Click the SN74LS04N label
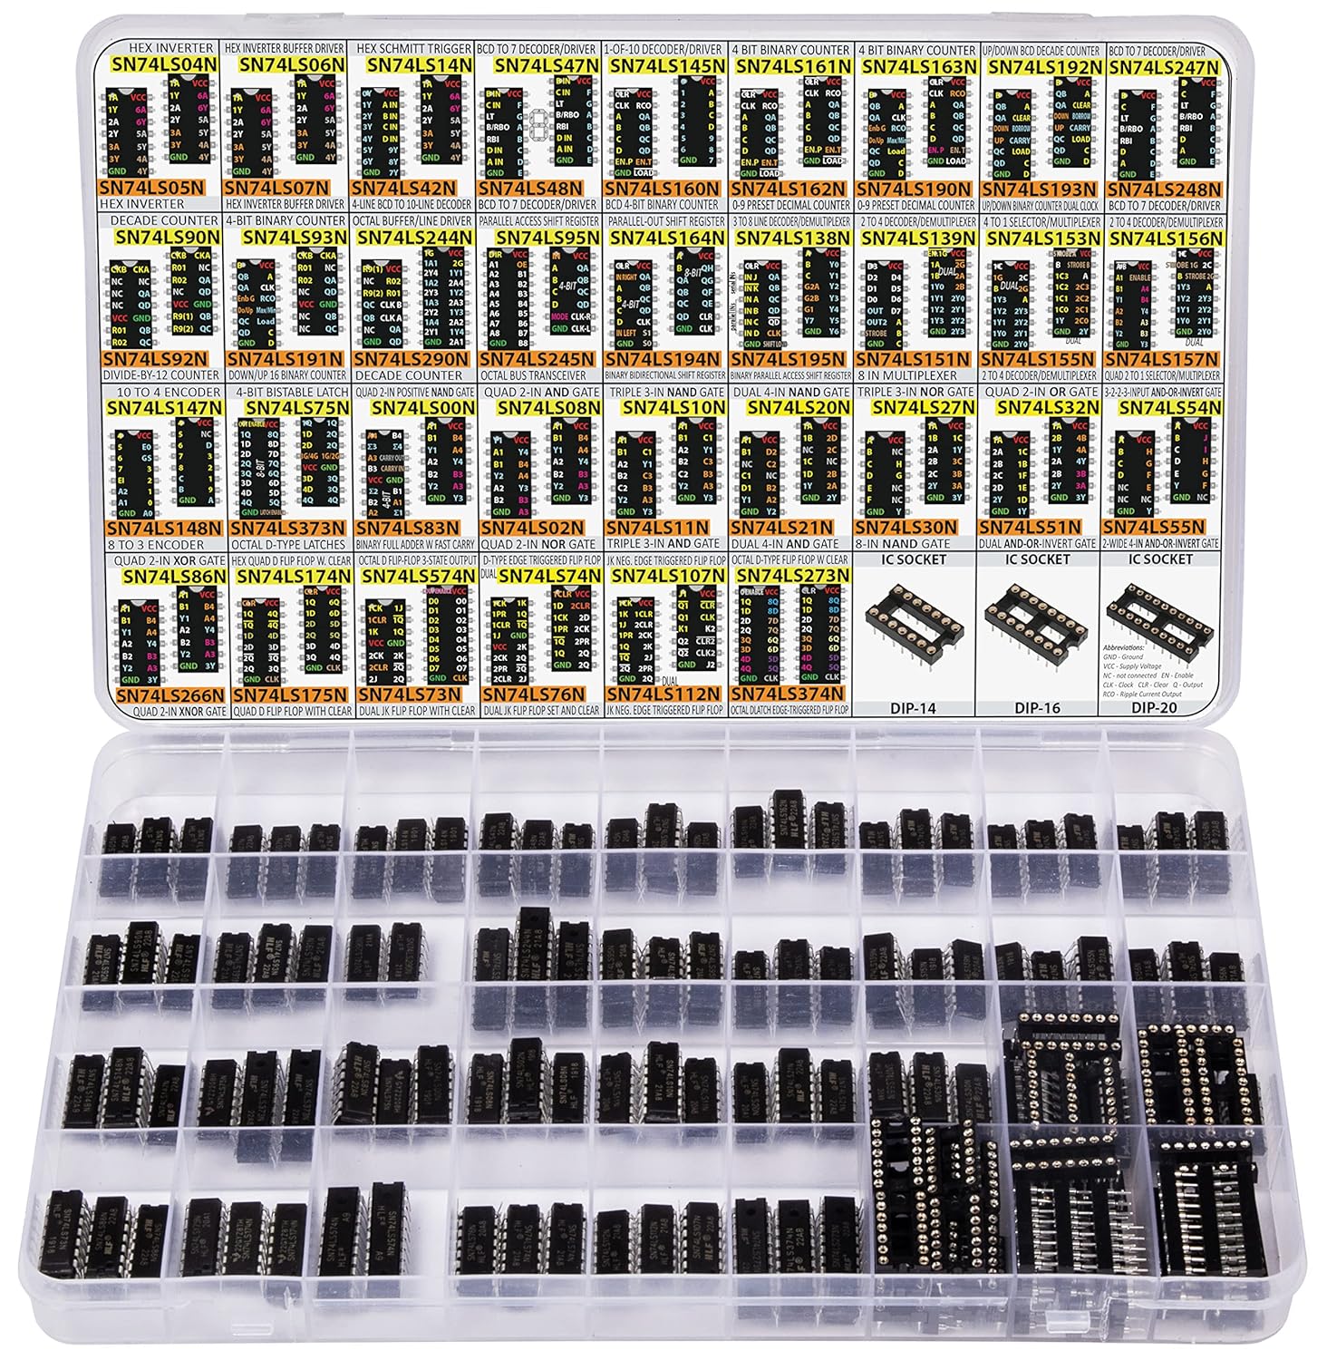click(160, 64)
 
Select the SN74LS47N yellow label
click(541, 65)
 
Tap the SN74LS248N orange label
click(1163, 189)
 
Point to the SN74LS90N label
click(169, 236)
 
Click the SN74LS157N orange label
click(1163, 359)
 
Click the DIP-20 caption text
click(1161, 707)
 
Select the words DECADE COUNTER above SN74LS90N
click(164, 220)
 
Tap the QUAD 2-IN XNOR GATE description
click(170, 711)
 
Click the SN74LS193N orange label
click(1038, 189)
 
